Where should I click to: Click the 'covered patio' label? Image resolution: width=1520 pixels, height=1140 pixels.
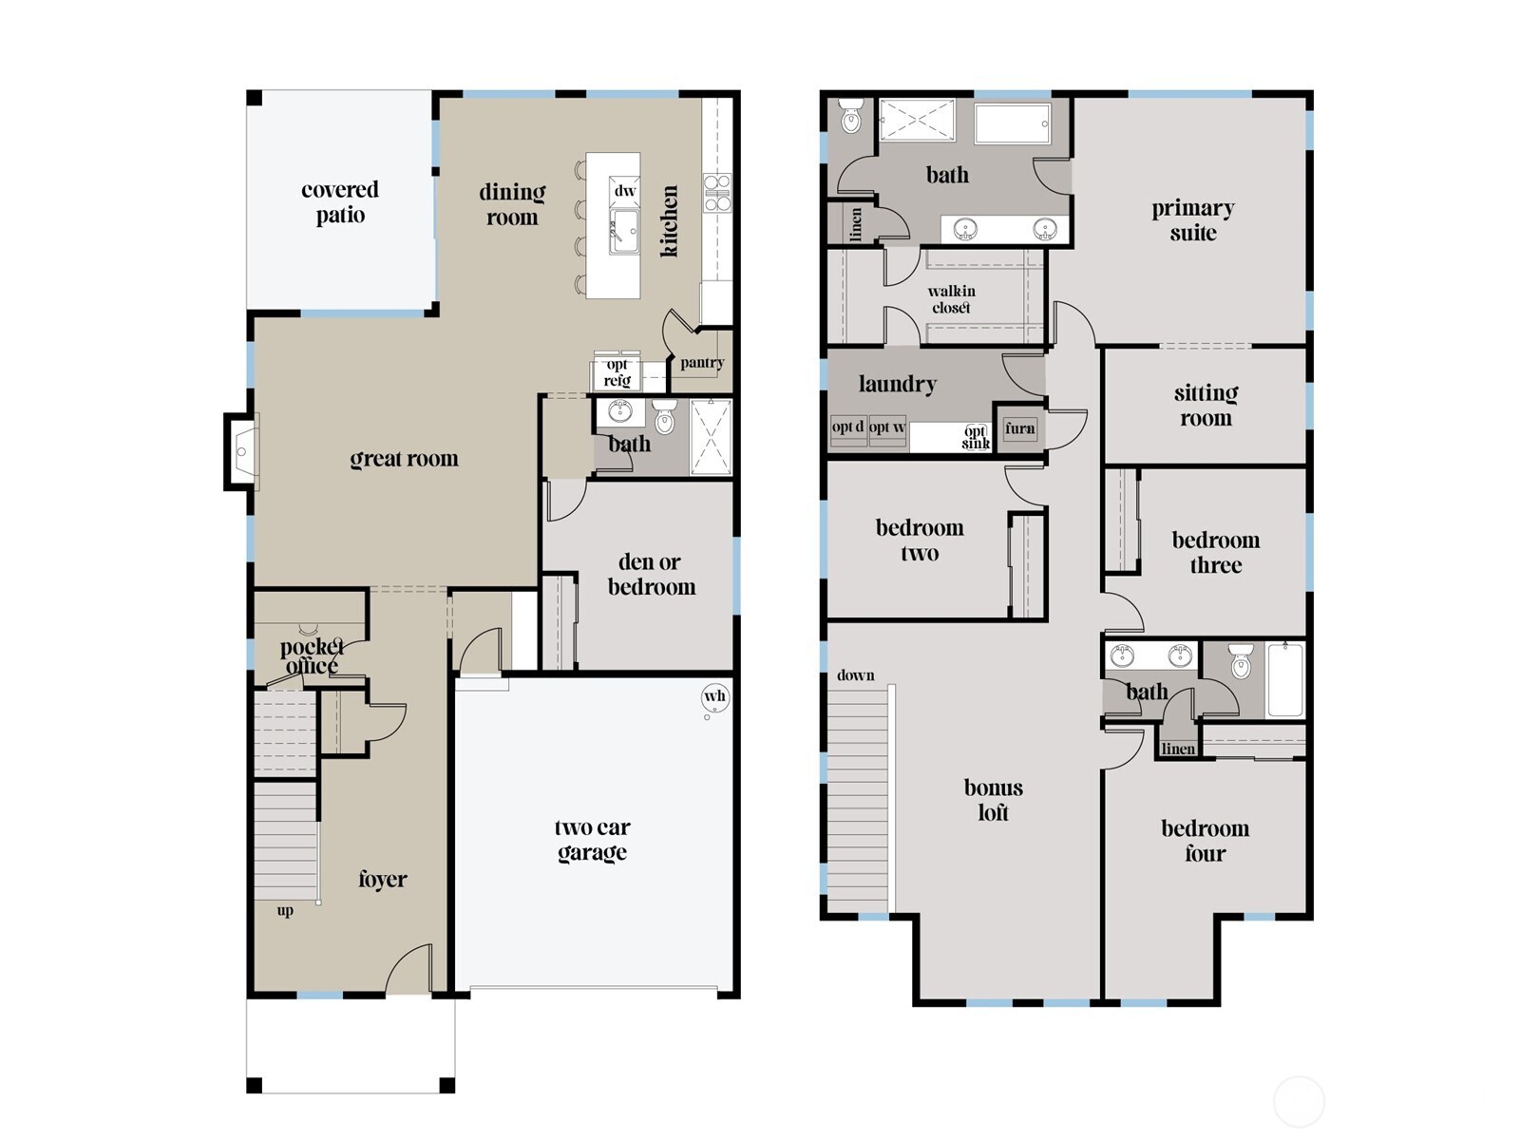point(339,202)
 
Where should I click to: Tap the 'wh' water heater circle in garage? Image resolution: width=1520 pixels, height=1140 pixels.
point(714,696)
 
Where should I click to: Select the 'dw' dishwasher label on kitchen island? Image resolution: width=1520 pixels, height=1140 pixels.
point(624,191)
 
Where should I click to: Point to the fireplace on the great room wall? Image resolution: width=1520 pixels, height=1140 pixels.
point(242,452)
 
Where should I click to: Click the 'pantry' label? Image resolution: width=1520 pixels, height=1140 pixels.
point(702,363)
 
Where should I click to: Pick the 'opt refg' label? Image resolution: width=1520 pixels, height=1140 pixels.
point(617,372)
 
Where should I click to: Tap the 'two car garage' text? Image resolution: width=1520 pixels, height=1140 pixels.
point(592,840)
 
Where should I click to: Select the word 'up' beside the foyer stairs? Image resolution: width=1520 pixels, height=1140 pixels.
point(285,911)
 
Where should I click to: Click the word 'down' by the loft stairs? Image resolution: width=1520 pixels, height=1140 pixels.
point(855,675)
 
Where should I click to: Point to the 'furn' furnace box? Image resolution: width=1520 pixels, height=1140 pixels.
point(1019,428)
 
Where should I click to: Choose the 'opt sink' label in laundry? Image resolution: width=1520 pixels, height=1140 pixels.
point(976,437)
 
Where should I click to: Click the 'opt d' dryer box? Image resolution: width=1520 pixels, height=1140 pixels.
point(847,427)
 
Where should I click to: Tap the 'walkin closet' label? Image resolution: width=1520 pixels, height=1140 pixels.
point(951,299)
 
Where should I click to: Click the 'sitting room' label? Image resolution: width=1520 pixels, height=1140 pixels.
point(1205,406)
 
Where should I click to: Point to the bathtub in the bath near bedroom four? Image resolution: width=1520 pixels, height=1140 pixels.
point(1284,679)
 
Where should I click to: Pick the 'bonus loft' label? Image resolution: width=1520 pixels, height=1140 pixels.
point(993,800)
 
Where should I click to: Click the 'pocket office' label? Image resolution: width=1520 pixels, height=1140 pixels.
point(311,656)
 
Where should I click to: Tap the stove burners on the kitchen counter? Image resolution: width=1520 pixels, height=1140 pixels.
point(716,191)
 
